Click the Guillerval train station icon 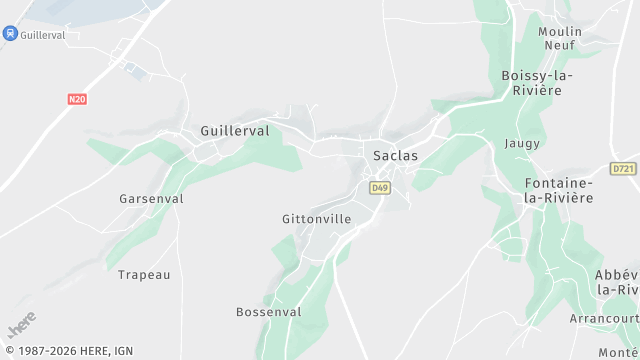pos(10,33)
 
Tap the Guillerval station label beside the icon pos(43,33)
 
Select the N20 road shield pos(78,99)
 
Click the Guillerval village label pos(235,131)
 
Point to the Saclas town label pos(395,156)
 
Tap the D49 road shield pos(379,187)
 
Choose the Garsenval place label pos(151,199)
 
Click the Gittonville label pos(316,218)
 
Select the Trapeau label pos(144,275)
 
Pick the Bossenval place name pos(268,312)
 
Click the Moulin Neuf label pos(560,38)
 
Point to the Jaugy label pos(522,144)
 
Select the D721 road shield pos(623,169)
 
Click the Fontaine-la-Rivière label pos(558,190)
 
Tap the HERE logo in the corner pos(21,324)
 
